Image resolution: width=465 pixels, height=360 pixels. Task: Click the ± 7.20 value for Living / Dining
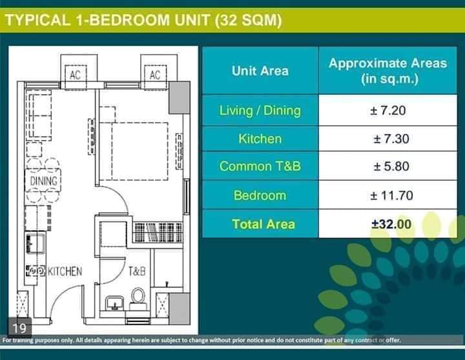coord(387,110)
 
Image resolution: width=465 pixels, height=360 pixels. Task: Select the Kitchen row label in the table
coord(260,139)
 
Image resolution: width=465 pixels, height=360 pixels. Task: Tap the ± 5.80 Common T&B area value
coord(391,166)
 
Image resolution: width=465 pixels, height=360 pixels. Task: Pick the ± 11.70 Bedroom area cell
coord(391,195)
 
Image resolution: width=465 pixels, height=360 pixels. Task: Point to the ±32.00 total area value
coord(391,224)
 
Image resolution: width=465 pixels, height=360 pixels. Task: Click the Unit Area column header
coord(260,71)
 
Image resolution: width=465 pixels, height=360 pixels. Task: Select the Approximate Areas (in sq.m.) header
coord(388,71)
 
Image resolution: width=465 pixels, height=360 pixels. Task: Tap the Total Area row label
coord(263,224)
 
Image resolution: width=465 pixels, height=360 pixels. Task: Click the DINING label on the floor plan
coord(44,181)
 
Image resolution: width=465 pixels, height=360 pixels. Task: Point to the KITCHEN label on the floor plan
coord(65,271)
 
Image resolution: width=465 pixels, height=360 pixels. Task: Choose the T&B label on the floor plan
coord(137,271)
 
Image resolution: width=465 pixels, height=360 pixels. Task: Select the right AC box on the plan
coord(155,75)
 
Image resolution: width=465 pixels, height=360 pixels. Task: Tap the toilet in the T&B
coord(138,299)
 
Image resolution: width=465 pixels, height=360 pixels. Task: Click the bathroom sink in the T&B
coord(114,303)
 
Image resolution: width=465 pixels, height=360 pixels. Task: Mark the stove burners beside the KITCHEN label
coord(36,271)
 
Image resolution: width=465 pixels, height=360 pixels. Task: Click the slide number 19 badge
coord(19,327)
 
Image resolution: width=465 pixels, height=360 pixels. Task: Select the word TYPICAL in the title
coord(38,20)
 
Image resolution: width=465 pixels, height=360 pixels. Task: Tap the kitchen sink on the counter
coord(36,243)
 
